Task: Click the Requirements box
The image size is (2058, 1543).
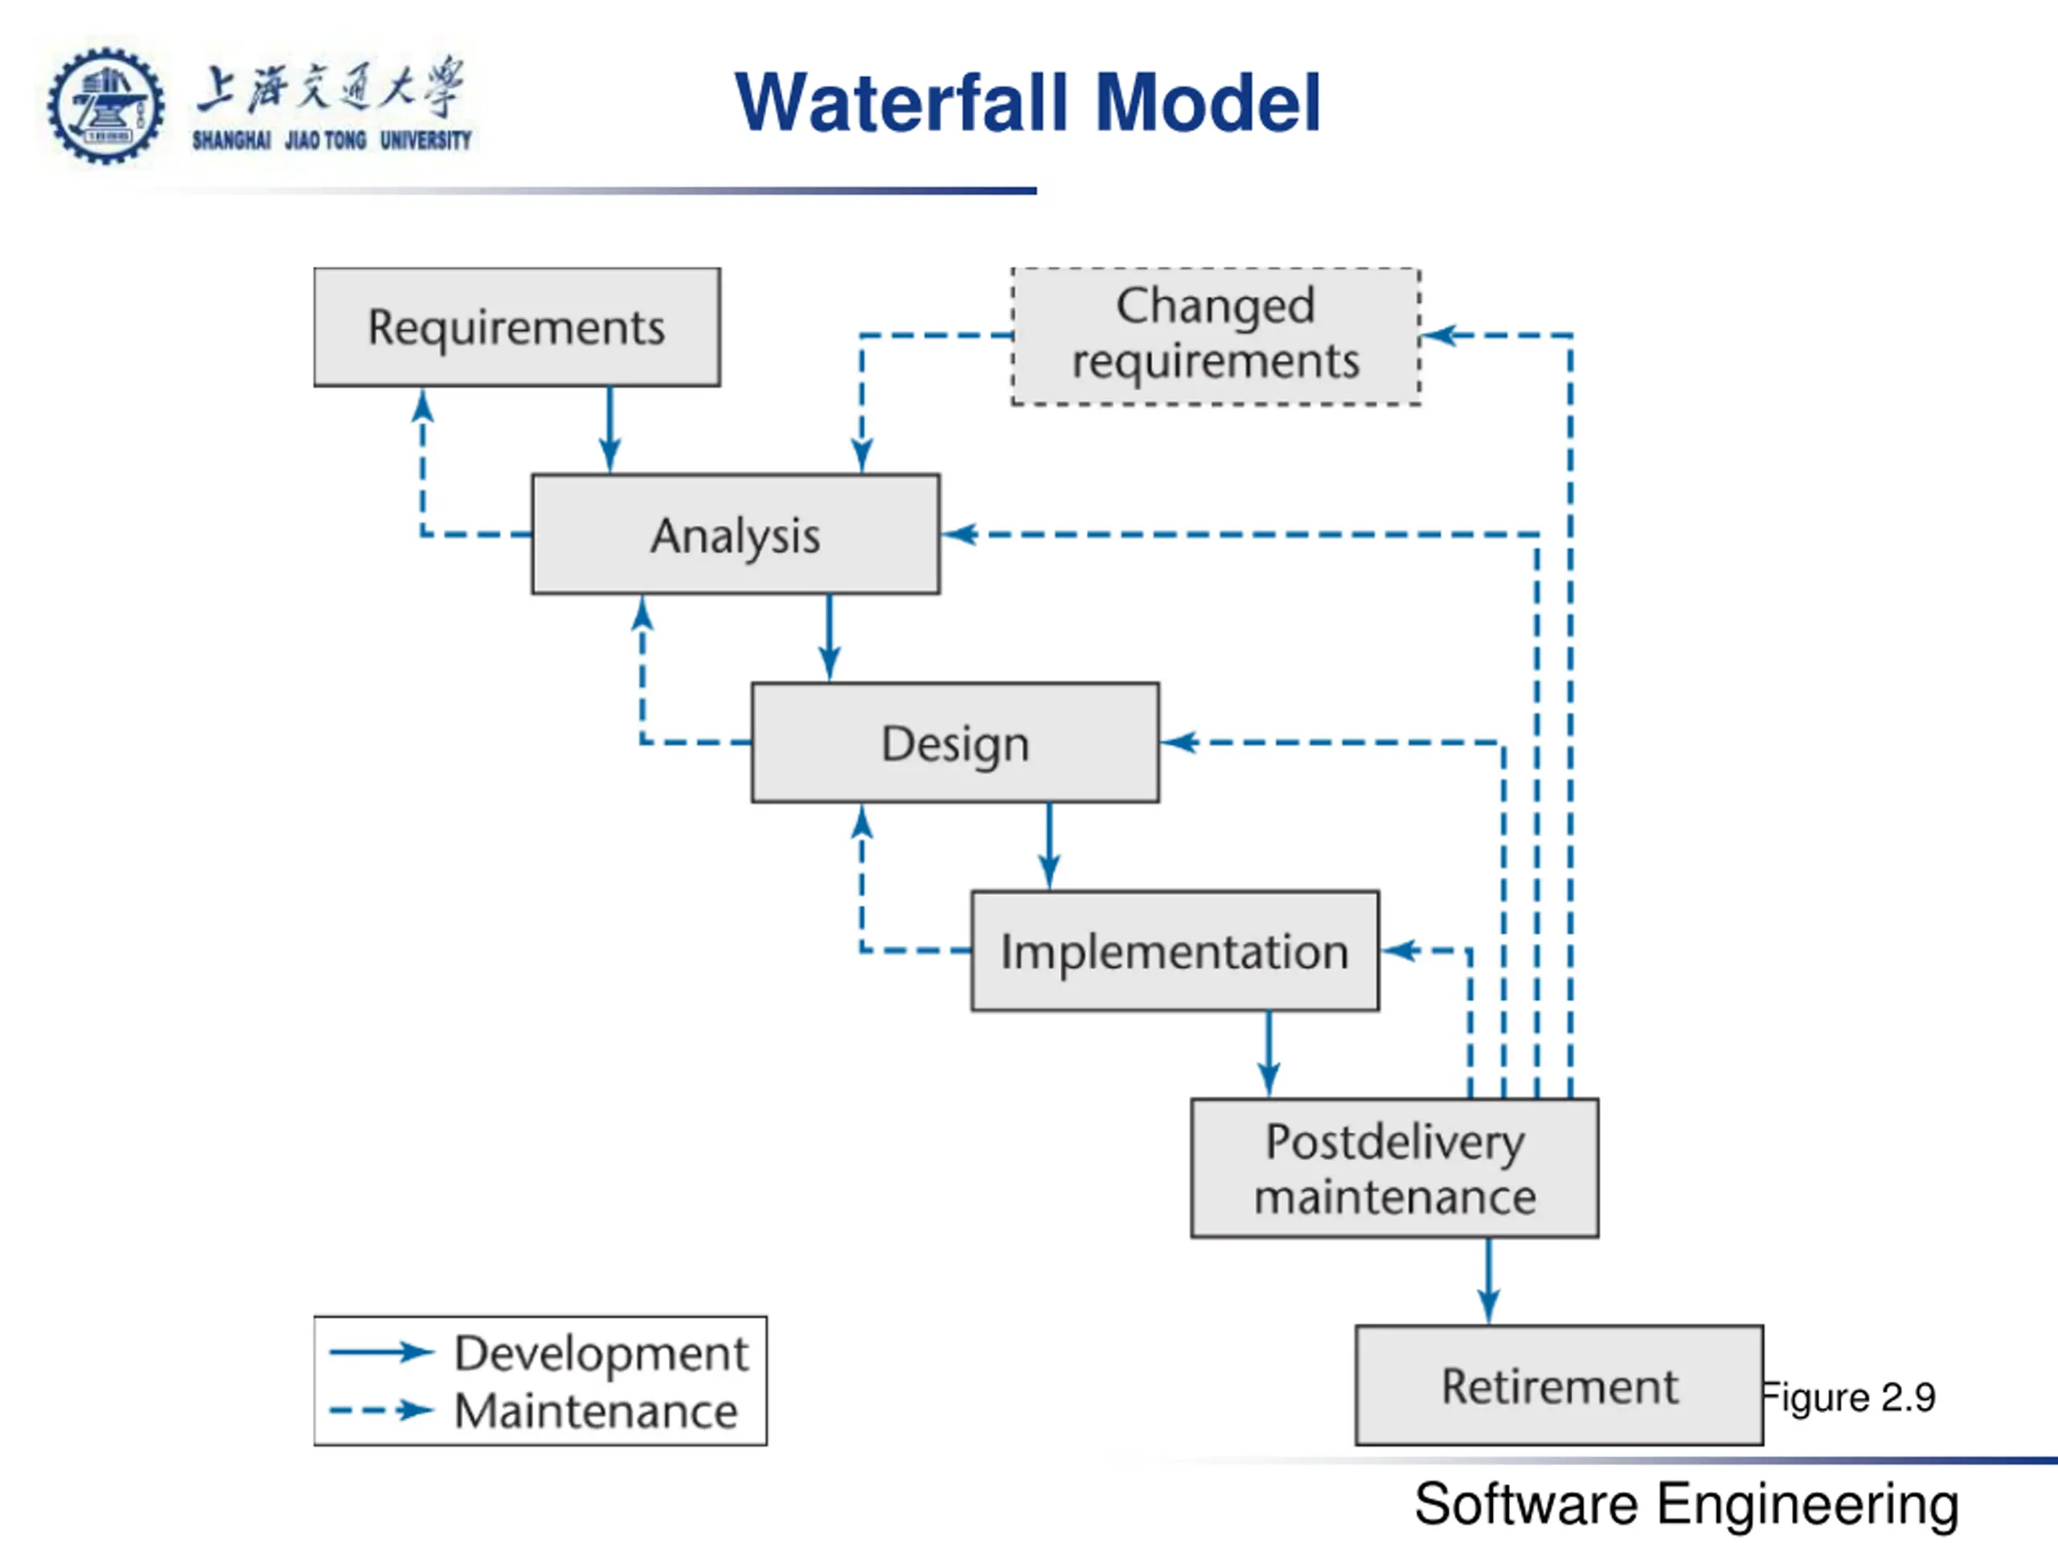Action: pyautogui.click(x=516, y=327)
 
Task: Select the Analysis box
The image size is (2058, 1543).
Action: pyautogui.click(x=735, y=534)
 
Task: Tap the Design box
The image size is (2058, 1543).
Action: pyautogui.click(x=956, y=743)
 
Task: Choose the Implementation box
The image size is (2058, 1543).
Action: pyautogui.click(x=1175, y=951)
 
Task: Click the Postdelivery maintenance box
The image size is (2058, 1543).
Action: pyautogui.click(x=1395, y=1169)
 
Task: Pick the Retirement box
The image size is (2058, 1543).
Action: pyautogui.click(x=1560, y=1385)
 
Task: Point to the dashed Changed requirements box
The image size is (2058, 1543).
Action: pyautogui.click(x=1216, y=336)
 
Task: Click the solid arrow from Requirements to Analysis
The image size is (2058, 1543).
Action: pyautogui.click(x=610, y=431)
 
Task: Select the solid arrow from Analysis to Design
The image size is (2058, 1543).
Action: pyautogui.click(x=830, y=638)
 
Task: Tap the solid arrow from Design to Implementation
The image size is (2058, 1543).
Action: pyautogui.click(x=1049, y=846)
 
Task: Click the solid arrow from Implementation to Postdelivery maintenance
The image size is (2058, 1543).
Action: pyautogui.click(x=1269, y=1054)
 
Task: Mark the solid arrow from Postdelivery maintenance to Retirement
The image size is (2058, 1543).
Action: pyautogui.click(x=1489, y=1282)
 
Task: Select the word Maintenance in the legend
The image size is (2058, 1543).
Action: pyautogui.click(x=596, y=1411)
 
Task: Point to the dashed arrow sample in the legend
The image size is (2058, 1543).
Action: pyautogui.click(x=382, y=1411)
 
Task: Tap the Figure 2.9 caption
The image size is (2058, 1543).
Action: pyautogui.click(x=1850, y=1398)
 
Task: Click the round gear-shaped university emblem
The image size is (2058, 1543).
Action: pyautogui.click(x=106, y=106)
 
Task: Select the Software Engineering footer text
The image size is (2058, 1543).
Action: pyautogui.click(x=1687, y=1504)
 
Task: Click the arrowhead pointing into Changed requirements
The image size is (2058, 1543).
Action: pyautogui.click(x=1438, y=335)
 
